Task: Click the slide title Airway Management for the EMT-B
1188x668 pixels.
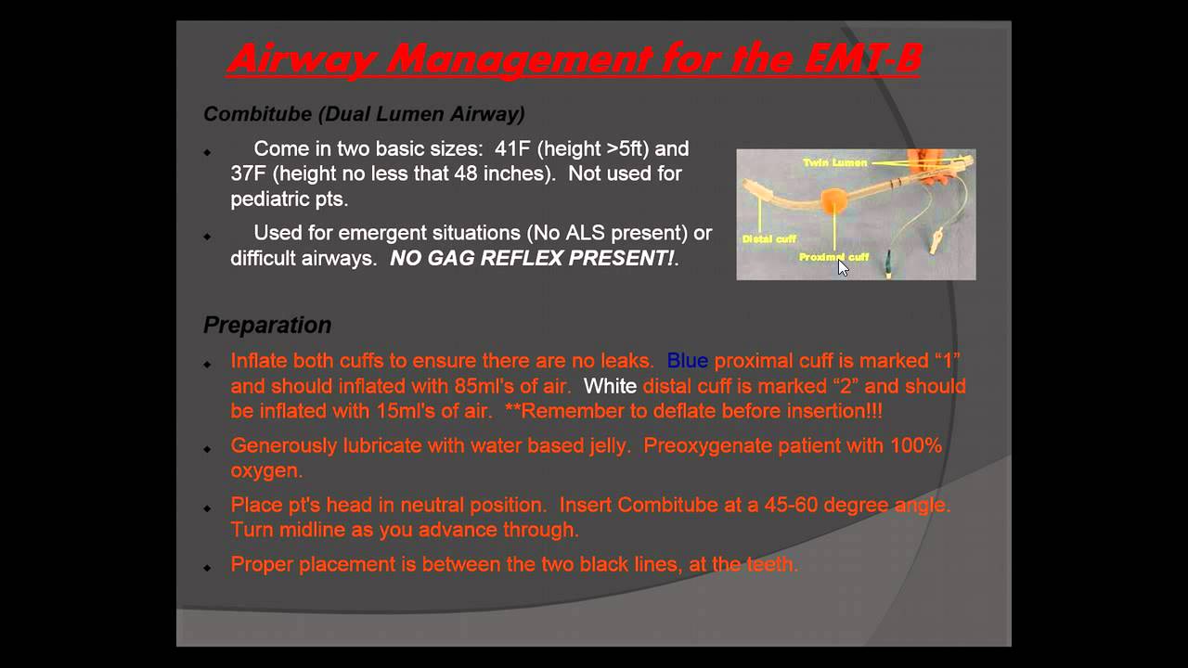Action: [x=574, y=59]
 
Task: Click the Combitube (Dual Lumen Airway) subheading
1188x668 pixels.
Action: [x=364, y=114]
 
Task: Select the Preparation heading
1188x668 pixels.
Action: [x=267, y=325]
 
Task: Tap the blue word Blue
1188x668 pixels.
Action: [x=687, y=361]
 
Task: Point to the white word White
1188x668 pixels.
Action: [x=610, y=386]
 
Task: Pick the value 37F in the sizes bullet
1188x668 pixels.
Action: [x=249, y=173]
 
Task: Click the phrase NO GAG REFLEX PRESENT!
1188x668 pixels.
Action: [x=532, y=259]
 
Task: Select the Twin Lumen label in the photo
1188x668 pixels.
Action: [x=835, y=162]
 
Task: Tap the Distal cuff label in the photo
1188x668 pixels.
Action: [x=768, y=239]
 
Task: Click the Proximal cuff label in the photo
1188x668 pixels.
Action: [x=833, y=257]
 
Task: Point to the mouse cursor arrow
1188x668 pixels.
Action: [x=842, y=267]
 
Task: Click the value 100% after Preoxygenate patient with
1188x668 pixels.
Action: [x=916, y=445]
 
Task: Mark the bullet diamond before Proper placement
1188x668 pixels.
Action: [x=207, y=566]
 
